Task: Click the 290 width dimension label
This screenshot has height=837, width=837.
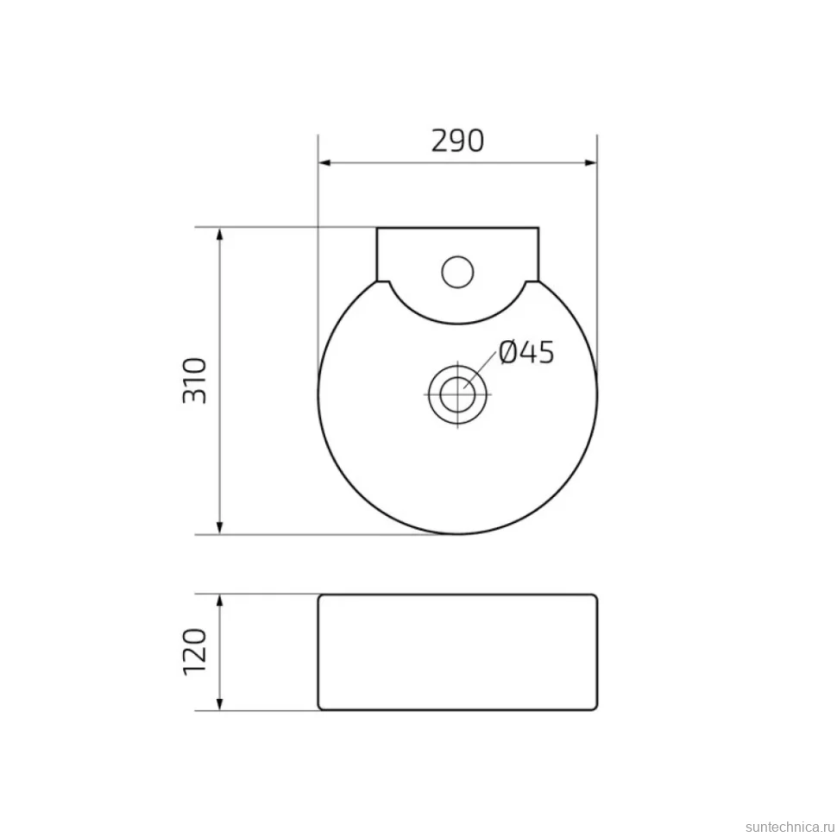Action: coord(457,142)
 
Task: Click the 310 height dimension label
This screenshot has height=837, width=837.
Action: coord(195,381)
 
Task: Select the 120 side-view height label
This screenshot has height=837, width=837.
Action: coord(195,651)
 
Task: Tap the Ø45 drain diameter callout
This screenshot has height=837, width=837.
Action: coord(527,352)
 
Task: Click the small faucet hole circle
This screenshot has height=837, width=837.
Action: coord(457,272)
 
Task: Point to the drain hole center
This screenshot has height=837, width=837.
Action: coord(458,394)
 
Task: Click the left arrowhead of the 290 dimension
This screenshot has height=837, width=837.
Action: coord(324,163)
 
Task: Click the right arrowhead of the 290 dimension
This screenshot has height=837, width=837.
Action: coord(591,163)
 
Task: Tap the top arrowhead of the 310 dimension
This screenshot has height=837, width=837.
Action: coord(219,233)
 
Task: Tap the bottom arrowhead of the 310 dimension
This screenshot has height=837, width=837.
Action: coord(219,528)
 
